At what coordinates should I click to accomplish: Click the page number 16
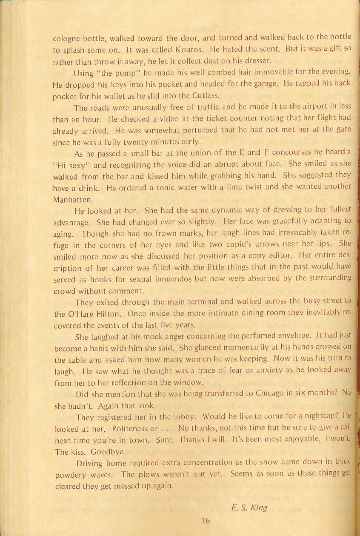coord(206,521)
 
